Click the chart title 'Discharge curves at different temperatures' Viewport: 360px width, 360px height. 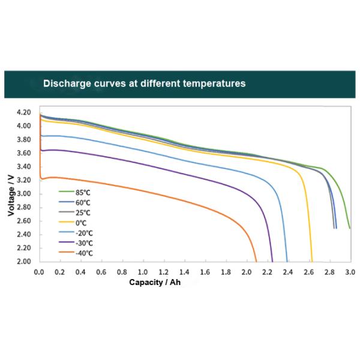pyautogui.click(x=144, y=83)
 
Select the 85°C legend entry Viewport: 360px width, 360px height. pyautogui.click(x=83, y=192)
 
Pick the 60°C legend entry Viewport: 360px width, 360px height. pyautogui.click(x=83, y=202)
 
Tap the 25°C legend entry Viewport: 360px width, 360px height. pyautogui.click(x=83, y=212)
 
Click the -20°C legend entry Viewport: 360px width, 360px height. pyautogui.click(x=83, y=233)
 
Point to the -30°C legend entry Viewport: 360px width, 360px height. pyautogui.click(x=83, y=243)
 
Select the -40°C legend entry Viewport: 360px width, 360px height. pyautogui.click(x=83, y=253)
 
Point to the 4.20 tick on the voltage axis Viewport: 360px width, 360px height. pyautogui.click(x=24, y=112)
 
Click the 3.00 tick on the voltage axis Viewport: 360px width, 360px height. pyautogui.click(x=24, y=194)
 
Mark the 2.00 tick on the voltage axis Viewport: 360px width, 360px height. pyautogui.click(x=24, y=262)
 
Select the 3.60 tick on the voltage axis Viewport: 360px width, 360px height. pyautogui.click(x=24, y=153)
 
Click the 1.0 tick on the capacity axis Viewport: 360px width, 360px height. pyautogui.click(x=143, y=272)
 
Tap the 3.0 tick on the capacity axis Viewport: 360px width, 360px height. pyautogui.click(x=350, y=272)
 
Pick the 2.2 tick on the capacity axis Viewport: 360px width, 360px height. pyautogui.click(x=267, y=272)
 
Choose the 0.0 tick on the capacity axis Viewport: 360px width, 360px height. pyautogui.click(x=39, y=272)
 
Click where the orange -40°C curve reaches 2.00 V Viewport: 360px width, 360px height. pyautogui.click(x=256, y=262)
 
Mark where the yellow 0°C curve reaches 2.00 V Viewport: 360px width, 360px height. pyautogui.click(x=312, y=262)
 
